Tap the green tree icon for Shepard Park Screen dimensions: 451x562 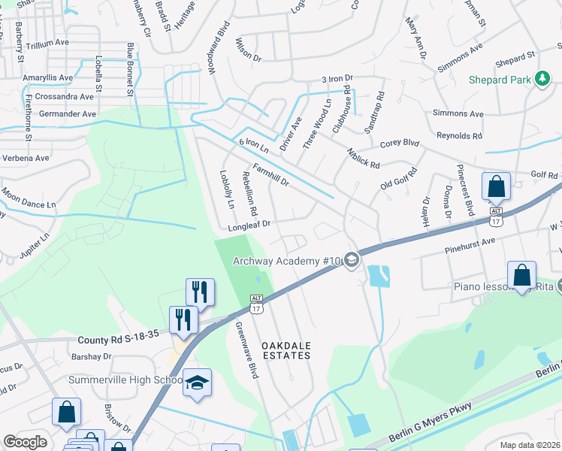tap(541, 79)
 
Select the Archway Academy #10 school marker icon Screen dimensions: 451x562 tap(352, 260)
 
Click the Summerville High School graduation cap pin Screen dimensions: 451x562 tap(197, 383)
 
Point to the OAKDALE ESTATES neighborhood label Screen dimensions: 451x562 tap(286, 350)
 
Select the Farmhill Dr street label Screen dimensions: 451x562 tap(270, 176)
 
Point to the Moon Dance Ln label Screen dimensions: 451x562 tap(29, 198)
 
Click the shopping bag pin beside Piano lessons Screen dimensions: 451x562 tap(521, 275)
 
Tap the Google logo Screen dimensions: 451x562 tap(25, 442)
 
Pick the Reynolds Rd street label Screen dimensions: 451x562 tap(459, 136)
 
